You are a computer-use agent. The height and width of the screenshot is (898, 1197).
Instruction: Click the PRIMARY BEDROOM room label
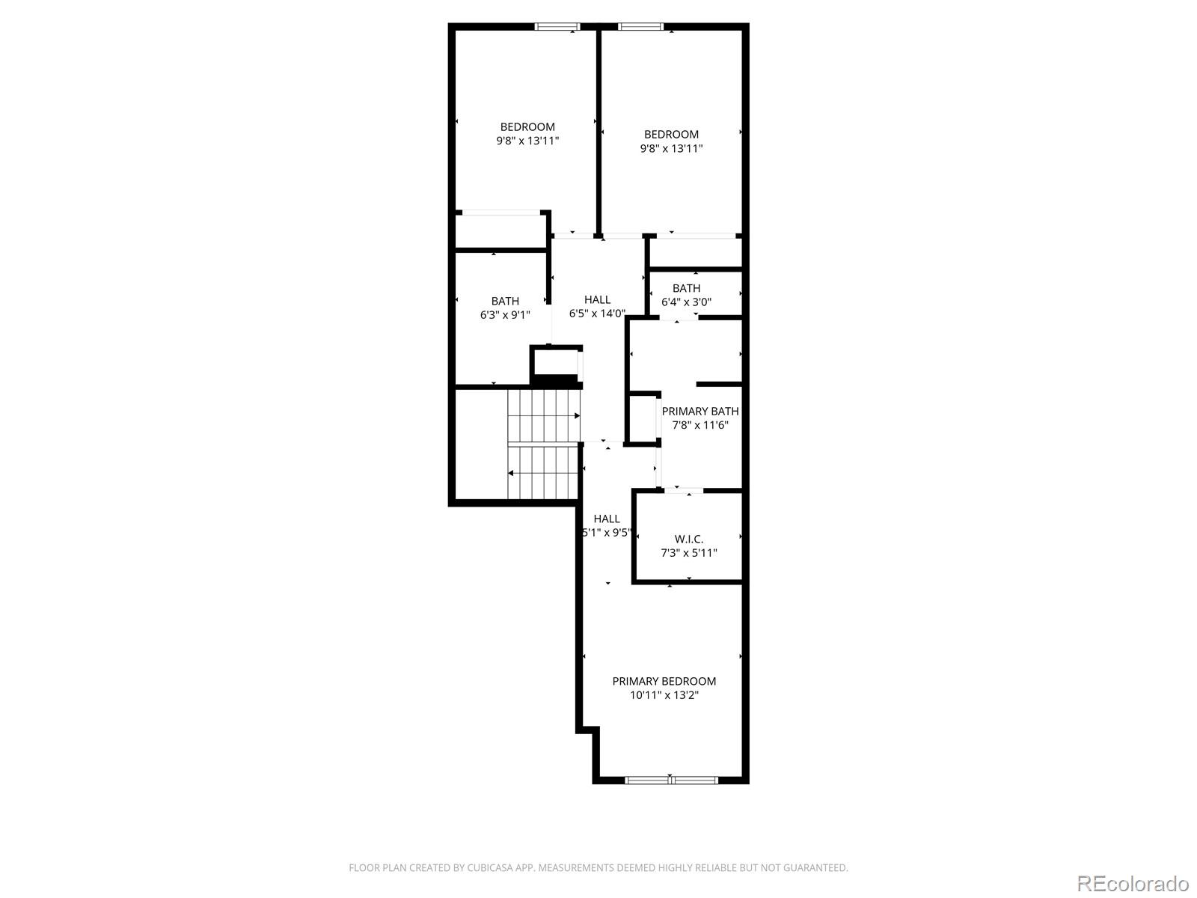click(x=664, y=681)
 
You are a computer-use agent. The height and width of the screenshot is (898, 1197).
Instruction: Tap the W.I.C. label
click(x=688, y=539)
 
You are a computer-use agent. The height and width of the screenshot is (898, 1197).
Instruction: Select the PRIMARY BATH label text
click(x=700, y=411)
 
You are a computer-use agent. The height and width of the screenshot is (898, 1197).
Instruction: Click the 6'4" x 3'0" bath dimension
click(x=686, y=302)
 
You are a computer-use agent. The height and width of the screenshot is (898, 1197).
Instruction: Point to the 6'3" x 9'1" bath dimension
click(x=505, y=314)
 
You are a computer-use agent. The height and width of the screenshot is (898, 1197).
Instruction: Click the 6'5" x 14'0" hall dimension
click(x=597, y=313)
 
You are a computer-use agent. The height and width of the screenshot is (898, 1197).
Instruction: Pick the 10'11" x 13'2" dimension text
click(x=664, y=695)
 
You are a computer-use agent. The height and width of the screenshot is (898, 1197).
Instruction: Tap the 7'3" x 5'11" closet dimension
click(x=688, y=553)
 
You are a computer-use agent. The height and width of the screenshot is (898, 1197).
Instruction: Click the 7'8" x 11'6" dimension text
click(x=700, y=425)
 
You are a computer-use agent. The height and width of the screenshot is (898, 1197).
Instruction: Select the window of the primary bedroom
click(x=671, y=781)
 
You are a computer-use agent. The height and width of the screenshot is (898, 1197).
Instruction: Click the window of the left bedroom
click(x=557, y=27)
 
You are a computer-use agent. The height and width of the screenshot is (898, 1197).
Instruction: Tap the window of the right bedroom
click(x=640, y=27)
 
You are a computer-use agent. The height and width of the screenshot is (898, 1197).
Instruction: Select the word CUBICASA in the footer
click(x=489, y=867)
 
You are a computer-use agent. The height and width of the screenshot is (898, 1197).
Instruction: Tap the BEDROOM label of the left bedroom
click(x=527, y=127)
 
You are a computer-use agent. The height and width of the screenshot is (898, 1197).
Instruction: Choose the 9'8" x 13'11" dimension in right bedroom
click(x=671, y=148)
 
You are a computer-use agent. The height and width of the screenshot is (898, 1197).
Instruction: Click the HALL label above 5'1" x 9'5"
click(x=607, y=519)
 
